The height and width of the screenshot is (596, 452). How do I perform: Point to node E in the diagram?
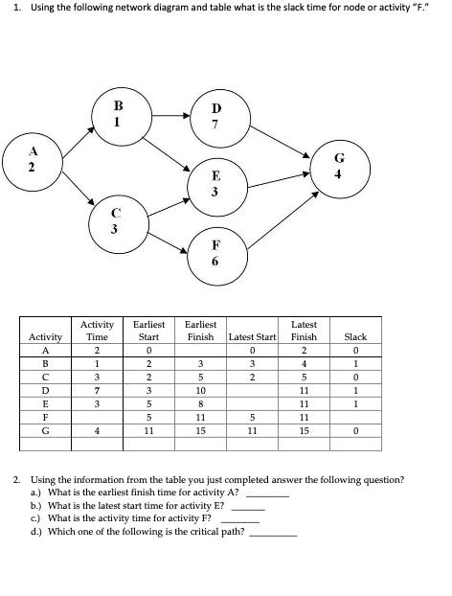coord(216,182)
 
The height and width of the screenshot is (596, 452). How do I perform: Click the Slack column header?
coord(355,337)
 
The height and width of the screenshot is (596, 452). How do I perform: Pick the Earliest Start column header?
coord(148,332)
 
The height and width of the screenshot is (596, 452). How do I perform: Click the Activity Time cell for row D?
coord(98,391)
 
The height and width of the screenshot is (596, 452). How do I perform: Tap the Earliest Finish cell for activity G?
coord(200,432)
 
